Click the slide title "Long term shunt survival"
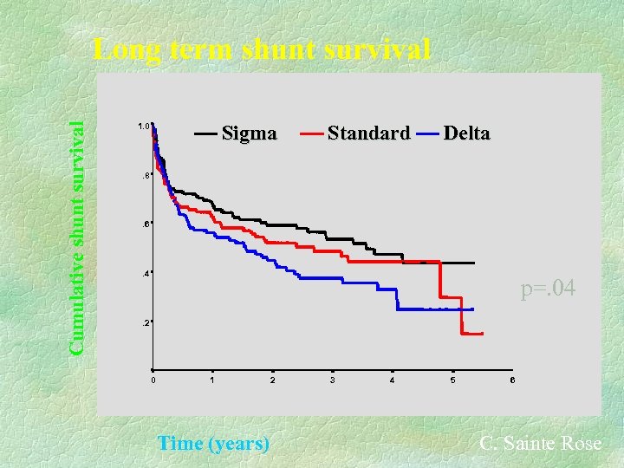262,49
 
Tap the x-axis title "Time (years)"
213,444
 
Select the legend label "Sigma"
250,133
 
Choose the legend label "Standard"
368,133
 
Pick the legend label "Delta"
466,133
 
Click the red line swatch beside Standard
312,134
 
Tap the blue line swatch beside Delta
427,134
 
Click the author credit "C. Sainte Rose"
540,443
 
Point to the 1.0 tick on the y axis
143,127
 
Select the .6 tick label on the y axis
145,224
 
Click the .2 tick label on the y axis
145,322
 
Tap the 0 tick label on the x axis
153,380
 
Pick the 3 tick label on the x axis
332,380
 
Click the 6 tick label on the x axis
511,380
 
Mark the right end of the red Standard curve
482,334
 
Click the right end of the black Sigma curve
475,263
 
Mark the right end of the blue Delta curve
474,309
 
